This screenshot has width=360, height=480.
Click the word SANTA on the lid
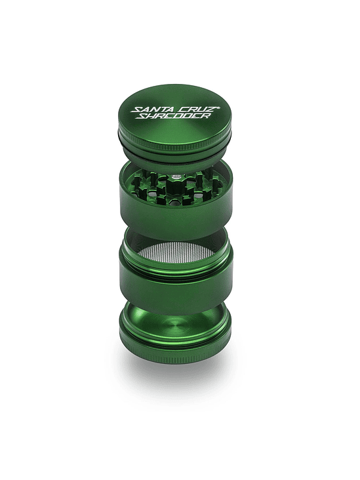coord(150,109)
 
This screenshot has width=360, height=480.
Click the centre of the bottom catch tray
coord(175,326)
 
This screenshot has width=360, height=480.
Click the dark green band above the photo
coord(180,30)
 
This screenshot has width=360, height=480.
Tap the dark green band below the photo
coord(180,450)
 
